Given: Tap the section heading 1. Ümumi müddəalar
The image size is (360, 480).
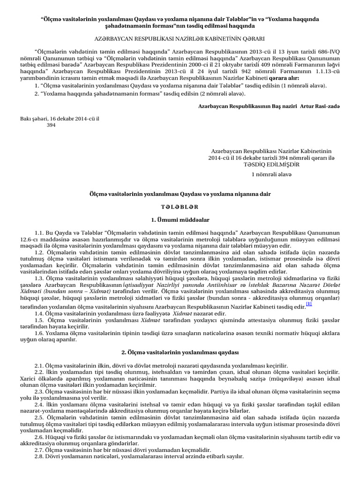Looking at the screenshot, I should tap(180, 219).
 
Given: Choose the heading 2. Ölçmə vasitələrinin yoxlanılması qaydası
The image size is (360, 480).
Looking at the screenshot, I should tap(180, 352).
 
